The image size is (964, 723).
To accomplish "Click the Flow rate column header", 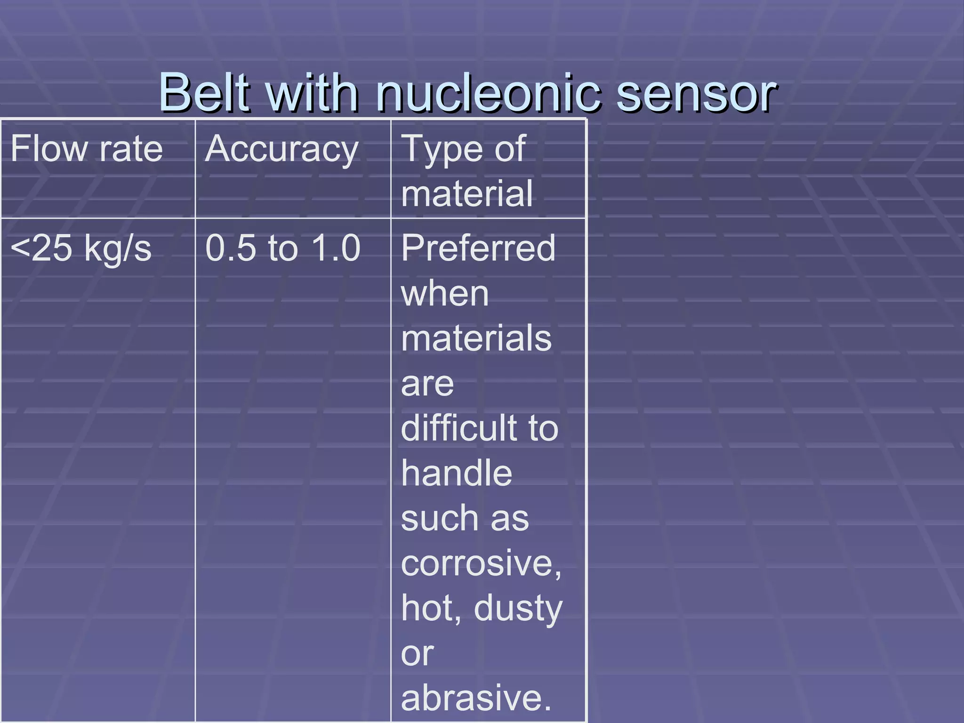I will click(x=87, y=149).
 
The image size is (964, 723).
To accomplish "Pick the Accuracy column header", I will click(x=282, y=149).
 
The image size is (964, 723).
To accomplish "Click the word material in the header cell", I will click(x=467, y=193).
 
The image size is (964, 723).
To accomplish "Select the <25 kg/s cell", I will click(x=81, y=248).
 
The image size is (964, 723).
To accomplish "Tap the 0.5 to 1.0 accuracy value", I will click(x=283, y=248).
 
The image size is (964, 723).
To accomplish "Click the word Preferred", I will click(x=478, y=248).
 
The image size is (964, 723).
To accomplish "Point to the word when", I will click(x=445, y=294).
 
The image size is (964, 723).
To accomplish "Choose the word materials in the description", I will click(x=476, y=338).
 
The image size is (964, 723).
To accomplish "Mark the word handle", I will click(x=457, y=473).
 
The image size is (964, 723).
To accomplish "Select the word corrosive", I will click(x=480, y=563).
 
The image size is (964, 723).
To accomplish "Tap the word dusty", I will click(x=518, y=608).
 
